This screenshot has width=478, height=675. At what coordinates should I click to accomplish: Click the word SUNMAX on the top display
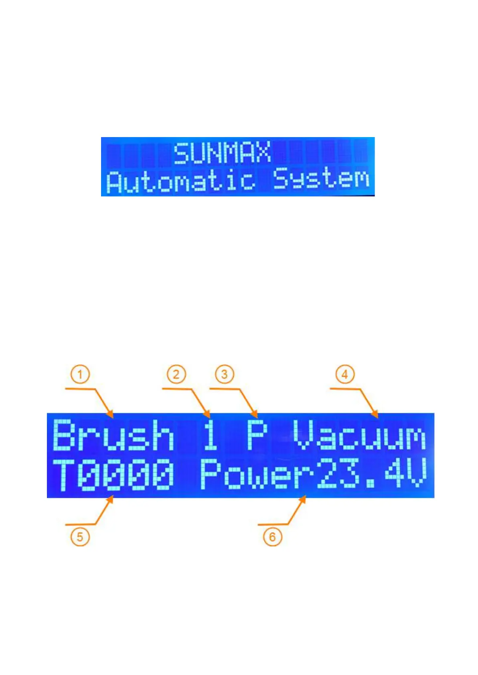[x=222, y=153]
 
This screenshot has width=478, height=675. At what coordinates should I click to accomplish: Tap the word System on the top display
[x=321, y=179]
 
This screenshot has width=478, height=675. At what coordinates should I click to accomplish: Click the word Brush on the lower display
[x=113, y=435]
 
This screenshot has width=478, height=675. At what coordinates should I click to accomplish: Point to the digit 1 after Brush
[x=210, y=435]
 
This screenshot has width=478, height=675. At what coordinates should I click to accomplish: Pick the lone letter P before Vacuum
[x=257, y=435]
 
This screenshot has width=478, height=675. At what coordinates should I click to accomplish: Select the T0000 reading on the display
[x=113, y=475]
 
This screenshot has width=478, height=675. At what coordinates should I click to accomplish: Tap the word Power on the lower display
[x=257, y=475]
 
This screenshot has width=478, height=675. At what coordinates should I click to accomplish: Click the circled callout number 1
[x=80, y=375]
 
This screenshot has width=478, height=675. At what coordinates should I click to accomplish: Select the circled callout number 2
[x=176, y=375]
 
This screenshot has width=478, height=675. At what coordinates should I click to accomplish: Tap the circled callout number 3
[x=225, y=375]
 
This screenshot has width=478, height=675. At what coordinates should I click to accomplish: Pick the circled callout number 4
[x=345, y=375]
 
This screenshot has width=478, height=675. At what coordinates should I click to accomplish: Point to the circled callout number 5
[x=80, y=537]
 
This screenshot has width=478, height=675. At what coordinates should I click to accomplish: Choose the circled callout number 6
[x=273, y=537]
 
